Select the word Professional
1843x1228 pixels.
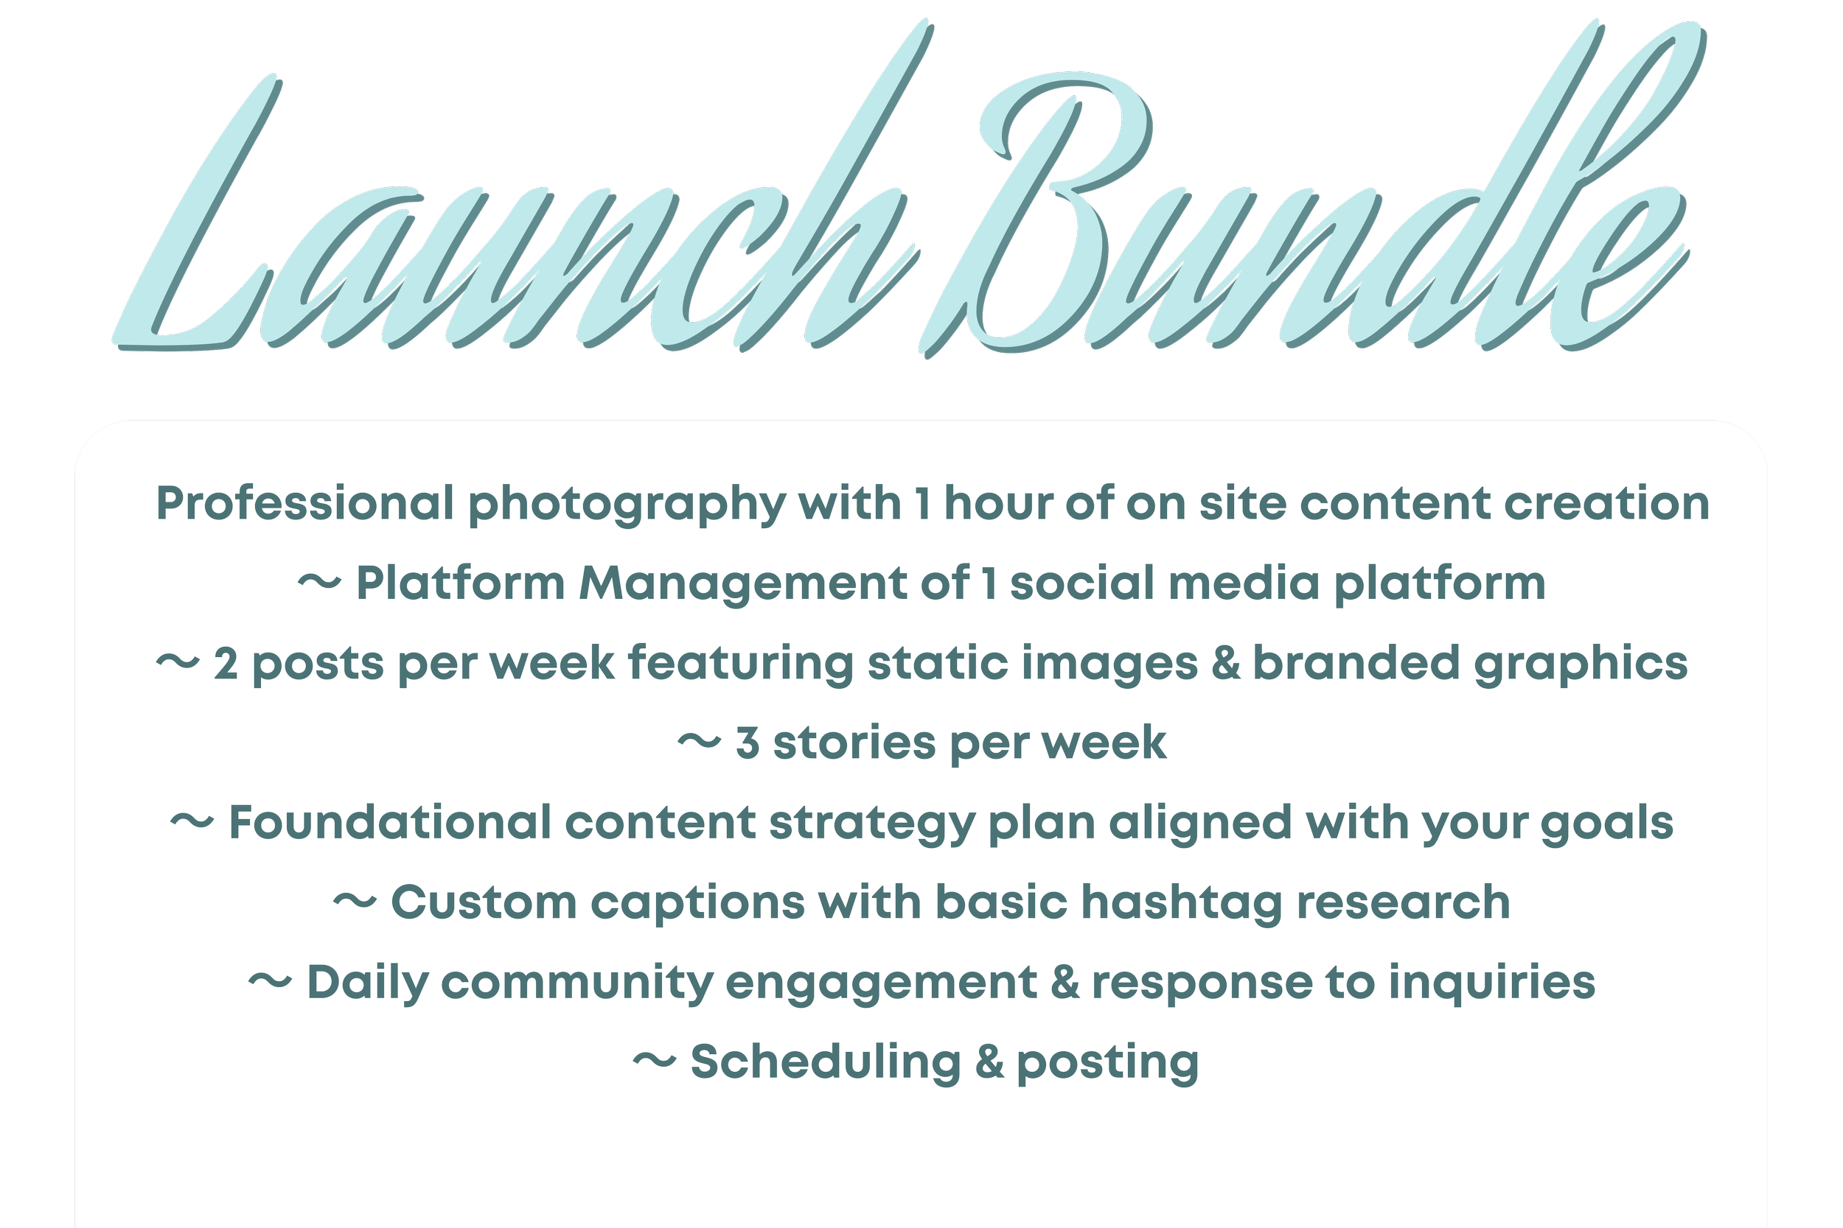(x=304, y=503)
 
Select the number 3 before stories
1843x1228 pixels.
(x=748, y=743)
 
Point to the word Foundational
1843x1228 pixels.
(x=389, y=823)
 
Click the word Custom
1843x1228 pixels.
(x=484, y=903)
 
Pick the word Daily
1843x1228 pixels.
(x=368, y=983)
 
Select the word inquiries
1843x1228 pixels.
(x=1492, y=983)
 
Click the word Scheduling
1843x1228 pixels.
(x=825, y=1064)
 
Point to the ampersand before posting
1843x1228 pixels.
(x=989, y=1063)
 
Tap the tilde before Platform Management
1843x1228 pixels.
(x=320, y=583)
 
